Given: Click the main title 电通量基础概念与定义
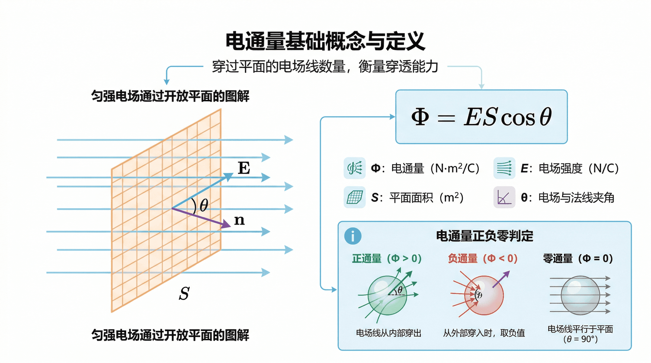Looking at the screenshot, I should point(325,41).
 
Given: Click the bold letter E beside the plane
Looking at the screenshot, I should point(244,168).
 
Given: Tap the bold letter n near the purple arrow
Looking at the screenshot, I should point(239,220).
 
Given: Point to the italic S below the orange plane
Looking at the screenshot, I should point(184,293).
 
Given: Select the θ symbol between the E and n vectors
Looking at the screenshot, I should point(204,205).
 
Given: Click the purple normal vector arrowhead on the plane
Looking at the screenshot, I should point(226,225).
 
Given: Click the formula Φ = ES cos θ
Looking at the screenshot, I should point(481,117).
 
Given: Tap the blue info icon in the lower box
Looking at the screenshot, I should point(353,236).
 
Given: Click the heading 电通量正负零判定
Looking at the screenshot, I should point(485,236).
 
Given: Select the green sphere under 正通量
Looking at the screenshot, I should point(387,296).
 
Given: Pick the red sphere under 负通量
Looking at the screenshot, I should point(484,296).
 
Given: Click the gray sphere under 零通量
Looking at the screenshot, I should point(580,295).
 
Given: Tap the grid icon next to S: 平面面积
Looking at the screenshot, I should point(355,197).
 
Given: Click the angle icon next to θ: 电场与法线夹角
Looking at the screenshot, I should point(504,197).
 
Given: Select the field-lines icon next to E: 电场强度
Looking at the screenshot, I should point(504,168).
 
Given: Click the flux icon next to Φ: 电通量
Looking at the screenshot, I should point(355,168).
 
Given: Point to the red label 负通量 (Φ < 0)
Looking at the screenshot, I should point(482,259).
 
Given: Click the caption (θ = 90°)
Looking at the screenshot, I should point(580,339).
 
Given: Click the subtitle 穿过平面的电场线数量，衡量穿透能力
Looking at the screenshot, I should point(325,66).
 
